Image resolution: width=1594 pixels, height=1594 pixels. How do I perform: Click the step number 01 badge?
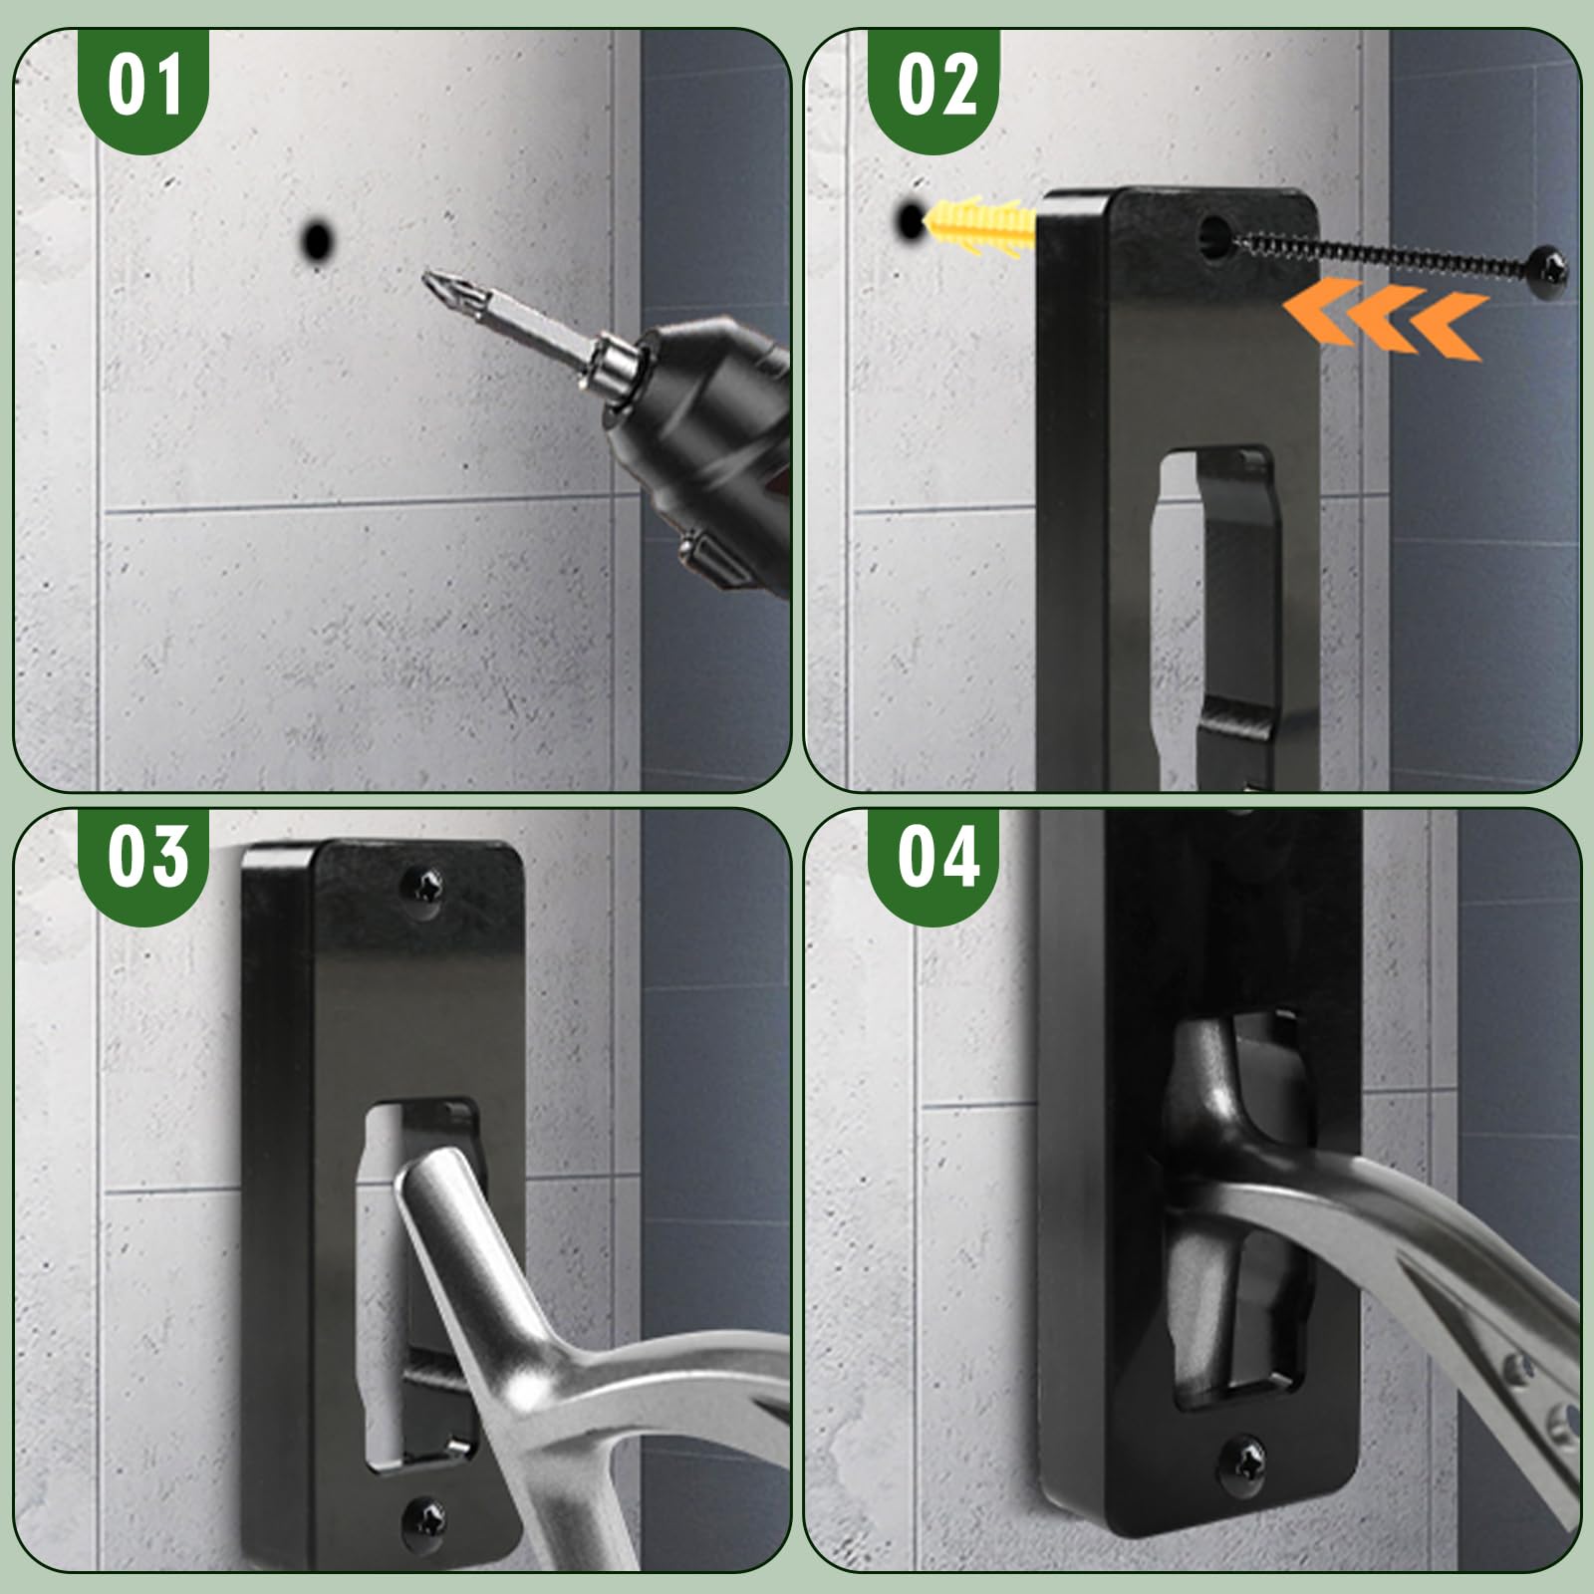click(143, 88)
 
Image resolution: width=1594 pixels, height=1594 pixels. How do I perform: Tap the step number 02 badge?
click(933, 88)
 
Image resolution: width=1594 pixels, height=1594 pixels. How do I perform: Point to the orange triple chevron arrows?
click(1385, 317)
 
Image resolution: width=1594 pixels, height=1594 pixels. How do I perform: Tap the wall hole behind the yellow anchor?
click(910, 219)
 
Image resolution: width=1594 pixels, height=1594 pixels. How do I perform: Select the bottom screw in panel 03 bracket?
click(424, 1522)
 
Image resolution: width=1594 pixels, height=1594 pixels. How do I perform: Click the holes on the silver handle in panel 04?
click(1539, 1395)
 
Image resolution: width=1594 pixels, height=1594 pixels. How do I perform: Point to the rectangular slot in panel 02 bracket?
click(1210, 598)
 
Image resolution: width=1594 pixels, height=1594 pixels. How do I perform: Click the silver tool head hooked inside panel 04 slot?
click(1210, 1086)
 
